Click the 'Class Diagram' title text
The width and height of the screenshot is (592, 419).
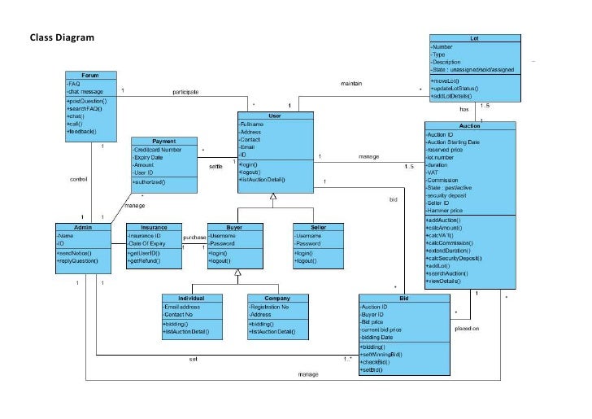click(x=62, y=37)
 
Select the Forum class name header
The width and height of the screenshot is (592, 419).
click(x=89, y=75)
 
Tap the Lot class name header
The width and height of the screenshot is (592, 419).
click(x=474, y=38)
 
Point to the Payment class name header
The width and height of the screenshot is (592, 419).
click(x=163, y=142)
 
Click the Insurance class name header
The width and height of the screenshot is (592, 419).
click(x=154, y=227)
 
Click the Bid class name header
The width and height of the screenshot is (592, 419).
click(x=404, y=299)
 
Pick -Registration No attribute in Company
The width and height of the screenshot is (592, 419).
click(x=271, y=307)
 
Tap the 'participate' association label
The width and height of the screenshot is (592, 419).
click(x=185, y=92)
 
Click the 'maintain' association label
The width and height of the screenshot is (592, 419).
click(x=350, y=83)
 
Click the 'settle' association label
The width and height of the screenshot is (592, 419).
click(x=215, y=166)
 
